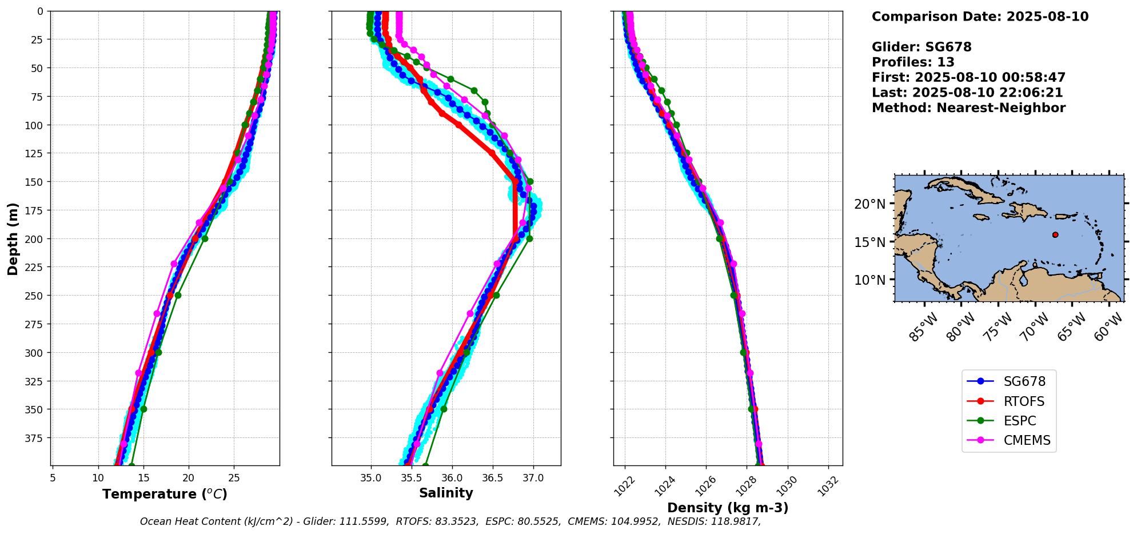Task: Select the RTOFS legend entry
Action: click(x=1024, y=401)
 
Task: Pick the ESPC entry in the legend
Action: click(x=1020, y=421)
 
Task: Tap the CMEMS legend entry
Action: click(x=1027, y=440)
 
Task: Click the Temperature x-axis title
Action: click(x=165, y=494)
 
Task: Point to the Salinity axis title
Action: click(x=446, y=493)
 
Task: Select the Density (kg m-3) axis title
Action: click(x=728, y=508)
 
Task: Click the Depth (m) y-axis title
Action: click(x=13, y=238)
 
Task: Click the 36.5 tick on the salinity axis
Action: click(x=493, y=477)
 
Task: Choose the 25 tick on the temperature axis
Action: click(x=234, y=477)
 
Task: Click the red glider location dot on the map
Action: click(x=1055, y=234)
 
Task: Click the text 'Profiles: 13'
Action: click(x=913, y=62)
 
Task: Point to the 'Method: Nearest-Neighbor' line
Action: click(x=968, y=108)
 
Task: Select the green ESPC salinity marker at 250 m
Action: click(x=496, y=296)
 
